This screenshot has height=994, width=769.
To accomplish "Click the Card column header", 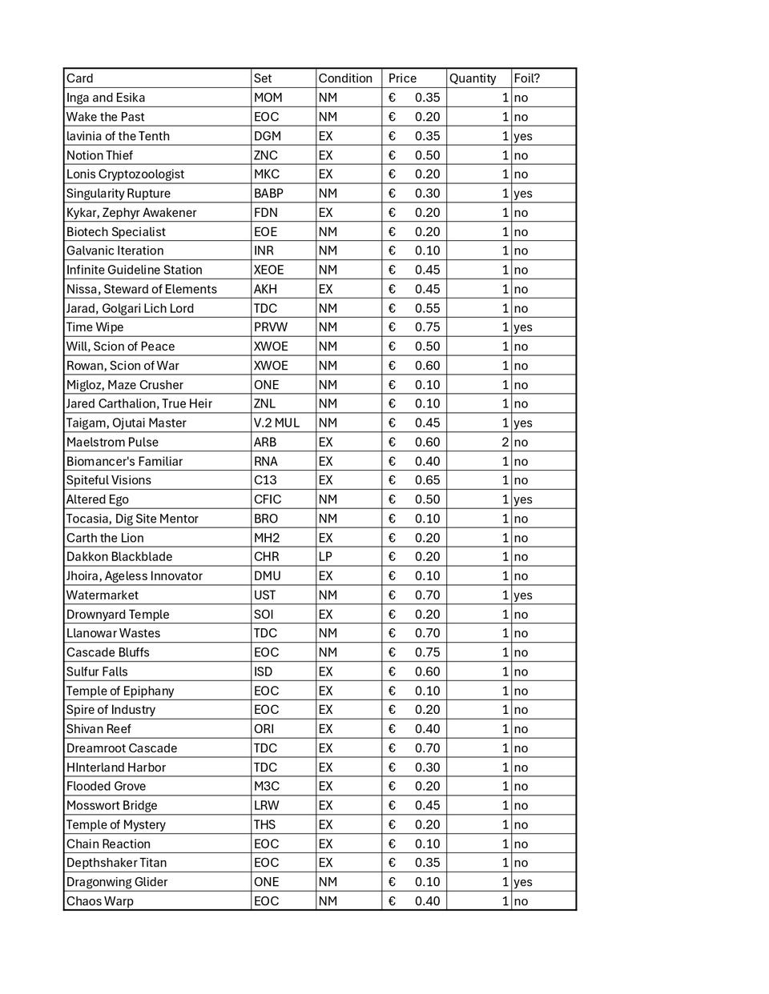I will [80, 78].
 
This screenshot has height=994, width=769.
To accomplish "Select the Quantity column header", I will [473, 78].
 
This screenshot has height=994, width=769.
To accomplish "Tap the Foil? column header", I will [526, 78].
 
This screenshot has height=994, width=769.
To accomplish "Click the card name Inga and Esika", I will [106, 98].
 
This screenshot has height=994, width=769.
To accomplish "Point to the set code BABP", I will [268, 194].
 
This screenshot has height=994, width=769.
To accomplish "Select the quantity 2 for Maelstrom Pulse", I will [505, 442].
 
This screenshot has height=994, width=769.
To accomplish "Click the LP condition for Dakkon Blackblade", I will [325, 557].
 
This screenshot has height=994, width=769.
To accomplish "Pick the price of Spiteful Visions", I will [427, 480].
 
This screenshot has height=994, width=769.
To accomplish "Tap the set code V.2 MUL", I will [276, 423].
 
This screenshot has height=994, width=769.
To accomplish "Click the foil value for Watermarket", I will [522, 595].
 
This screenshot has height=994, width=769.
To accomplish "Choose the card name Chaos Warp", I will [100, 901].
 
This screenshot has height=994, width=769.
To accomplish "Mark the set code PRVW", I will [270, 327].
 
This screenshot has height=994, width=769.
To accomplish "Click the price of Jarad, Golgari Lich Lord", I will [427, 308].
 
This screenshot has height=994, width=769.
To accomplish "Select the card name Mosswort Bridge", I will [111, 805].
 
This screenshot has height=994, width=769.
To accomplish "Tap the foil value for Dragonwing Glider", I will [522, 882].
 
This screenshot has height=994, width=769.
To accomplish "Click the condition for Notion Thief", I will [325, 155].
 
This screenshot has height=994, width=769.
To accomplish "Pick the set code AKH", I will [265, 289].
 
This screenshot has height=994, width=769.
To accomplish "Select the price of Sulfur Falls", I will [427, 671].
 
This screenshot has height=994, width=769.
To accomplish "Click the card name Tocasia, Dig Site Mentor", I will [132, 519].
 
